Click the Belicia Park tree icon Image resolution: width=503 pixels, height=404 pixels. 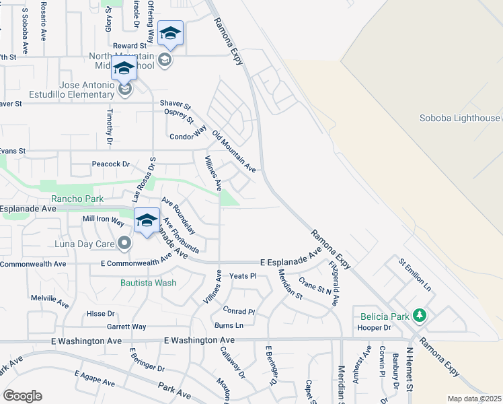[420, 314]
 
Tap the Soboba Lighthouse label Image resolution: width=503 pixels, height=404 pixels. [460, 119]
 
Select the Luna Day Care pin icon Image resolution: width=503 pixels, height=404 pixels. [124, 242]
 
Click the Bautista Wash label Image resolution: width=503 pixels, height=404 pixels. [149, 282]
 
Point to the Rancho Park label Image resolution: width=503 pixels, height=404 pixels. [78, 199]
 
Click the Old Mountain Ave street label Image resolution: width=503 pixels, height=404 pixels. [234, 150]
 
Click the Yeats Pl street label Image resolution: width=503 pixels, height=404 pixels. [243, 275]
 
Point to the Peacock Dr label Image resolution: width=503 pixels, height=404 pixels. [110, 164]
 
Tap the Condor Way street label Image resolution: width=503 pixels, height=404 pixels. [188, 135]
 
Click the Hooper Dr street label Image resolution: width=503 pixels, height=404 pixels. [375, 328]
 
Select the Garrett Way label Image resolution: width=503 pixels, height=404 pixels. [127, 327]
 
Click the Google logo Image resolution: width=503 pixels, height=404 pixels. [22, 396]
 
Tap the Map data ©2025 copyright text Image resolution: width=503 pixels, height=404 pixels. [474, 399]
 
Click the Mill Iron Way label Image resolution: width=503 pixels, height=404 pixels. [103, 220]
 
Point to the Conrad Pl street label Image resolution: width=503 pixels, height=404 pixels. [239, 312]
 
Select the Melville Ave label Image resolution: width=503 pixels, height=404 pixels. [50, 297]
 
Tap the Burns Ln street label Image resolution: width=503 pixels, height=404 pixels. [228, 325]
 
